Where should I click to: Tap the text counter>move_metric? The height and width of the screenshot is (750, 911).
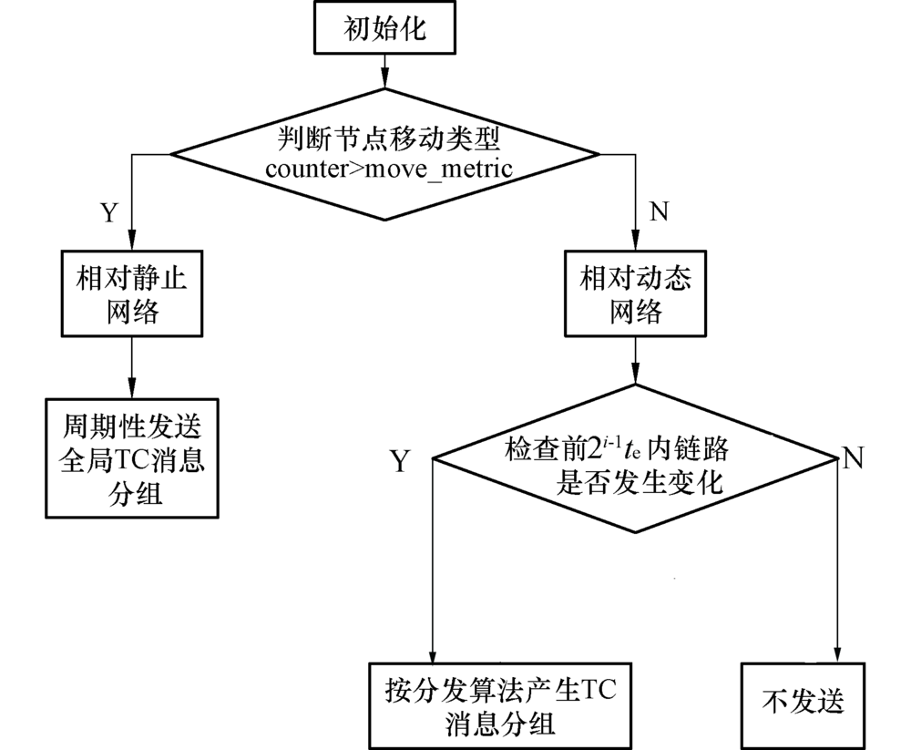pos(385,169)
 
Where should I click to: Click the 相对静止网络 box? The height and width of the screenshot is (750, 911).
pos(133,294)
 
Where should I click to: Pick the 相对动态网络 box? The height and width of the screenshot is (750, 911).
pos(634,294)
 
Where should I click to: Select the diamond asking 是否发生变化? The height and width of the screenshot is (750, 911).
pos(635,461)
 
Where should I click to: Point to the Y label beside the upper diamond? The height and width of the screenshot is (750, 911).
pos(108,212)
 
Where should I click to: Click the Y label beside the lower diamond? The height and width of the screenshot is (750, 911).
pos(400,461)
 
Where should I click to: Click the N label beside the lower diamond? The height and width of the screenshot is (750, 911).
pos(853,457)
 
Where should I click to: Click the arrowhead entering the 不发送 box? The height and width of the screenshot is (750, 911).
pos(837,655)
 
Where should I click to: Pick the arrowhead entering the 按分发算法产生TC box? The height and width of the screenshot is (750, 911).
pos(431,655)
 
